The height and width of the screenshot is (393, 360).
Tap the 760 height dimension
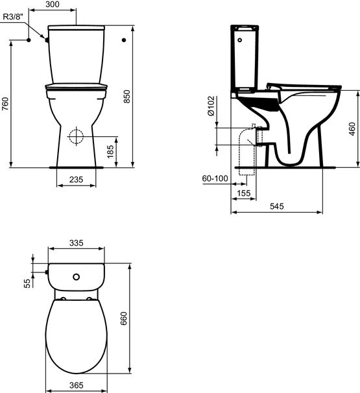pyautogui.click(x=5, y=104)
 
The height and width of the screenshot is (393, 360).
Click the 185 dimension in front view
pyautogui.click(x=110, y=152)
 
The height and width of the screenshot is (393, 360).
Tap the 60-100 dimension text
pyautogui.click(x=215, y=178)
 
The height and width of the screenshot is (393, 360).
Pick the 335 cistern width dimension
pyautogui.click(x=77, y=243)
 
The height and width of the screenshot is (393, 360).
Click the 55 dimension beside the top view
pyautogui.click(x=27, y=283)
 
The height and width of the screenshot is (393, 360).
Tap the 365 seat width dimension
pyautogui.click(x=77, y=386)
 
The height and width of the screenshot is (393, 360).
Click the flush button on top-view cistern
pyautogui.click(x=77, y=278)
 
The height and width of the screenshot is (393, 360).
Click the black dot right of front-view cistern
pyautogui.click(x=123, y=40)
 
